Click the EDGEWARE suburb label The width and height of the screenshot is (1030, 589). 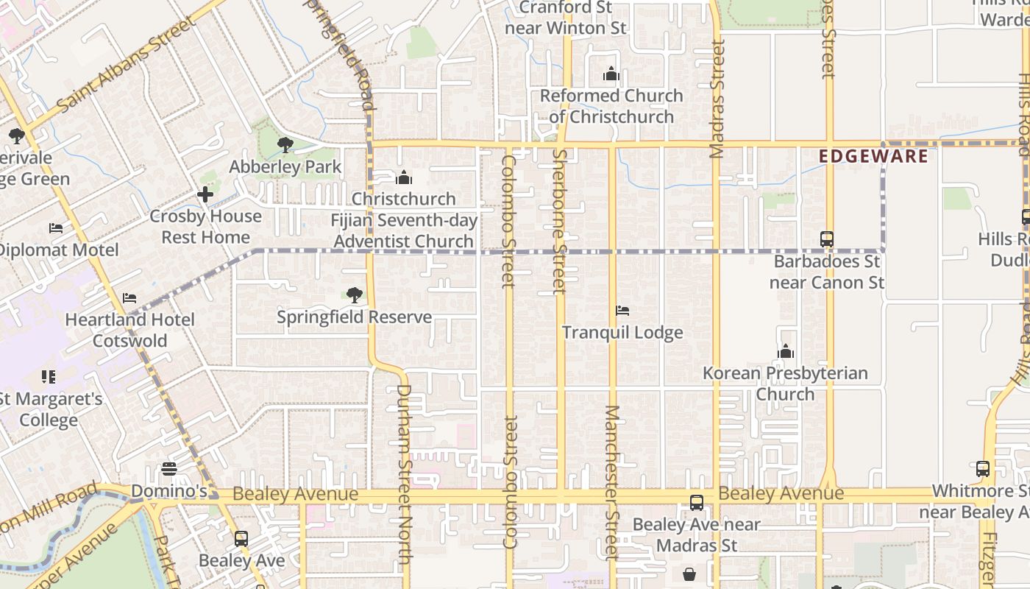873,156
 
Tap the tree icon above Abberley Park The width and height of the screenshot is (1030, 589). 285,145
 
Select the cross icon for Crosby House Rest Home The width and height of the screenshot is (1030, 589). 205,194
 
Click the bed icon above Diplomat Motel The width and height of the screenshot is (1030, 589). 56,228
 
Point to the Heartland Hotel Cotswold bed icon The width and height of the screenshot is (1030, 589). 129,298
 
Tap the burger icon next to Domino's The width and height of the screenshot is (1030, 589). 169,469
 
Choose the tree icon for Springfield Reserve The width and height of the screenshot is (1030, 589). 354,295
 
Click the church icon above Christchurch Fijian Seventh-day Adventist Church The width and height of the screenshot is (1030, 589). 403,177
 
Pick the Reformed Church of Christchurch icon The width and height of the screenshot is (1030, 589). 611,74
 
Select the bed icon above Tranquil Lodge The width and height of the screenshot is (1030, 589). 622,311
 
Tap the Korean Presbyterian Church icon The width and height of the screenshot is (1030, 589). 786,352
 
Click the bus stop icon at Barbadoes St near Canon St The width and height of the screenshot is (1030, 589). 827,239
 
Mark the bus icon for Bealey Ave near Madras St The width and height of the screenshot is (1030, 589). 696,503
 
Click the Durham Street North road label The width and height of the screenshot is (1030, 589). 404,474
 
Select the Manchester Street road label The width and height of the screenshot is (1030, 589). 612,482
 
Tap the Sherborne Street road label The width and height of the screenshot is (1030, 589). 560,221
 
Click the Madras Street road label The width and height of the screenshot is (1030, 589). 717,99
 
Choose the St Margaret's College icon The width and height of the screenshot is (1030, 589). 49,377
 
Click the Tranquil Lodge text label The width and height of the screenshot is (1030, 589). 622,333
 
